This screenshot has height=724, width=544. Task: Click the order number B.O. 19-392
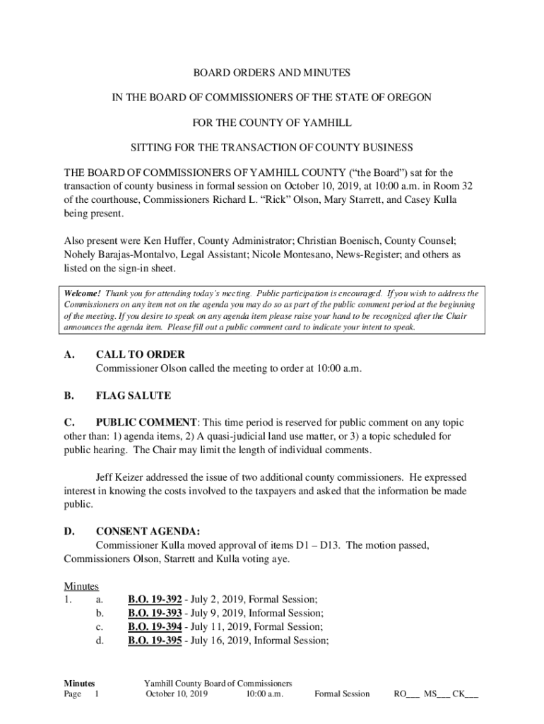point(155,600)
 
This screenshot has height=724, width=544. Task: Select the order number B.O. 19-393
point(155,613)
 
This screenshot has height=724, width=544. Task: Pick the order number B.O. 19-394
point(155,626)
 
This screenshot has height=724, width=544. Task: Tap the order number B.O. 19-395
point(155,641)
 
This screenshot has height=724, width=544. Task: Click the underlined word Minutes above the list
point(81,586)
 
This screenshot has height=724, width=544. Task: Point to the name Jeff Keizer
point(122,478)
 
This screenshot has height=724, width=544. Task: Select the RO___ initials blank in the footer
point(406,694)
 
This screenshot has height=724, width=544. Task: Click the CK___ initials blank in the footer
point(466,694)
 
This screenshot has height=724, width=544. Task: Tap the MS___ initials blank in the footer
point(436,694)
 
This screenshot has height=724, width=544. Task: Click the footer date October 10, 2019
point(177,694)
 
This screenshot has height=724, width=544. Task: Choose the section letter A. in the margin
point(69,354)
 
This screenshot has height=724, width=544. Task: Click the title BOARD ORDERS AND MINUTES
point(272,73)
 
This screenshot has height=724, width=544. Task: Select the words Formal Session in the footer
point(342,694)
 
